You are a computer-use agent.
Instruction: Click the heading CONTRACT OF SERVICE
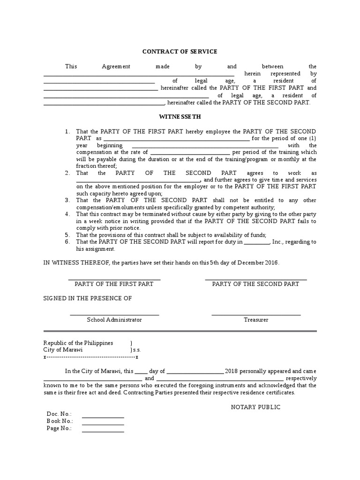(x=180, y=52)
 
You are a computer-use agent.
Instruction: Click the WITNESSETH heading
(x=180, y=117)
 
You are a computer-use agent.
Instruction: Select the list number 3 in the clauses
(x=67, y=200)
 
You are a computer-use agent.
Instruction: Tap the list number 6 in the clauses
(x=67, y=242)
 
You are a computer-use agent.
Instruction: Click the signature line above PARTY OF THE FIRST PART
(x=114, y=279)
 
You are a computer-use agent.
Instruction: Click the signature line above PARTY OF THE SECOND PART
(x=255, y=279)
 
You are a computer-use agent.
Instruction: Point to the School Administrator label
(x=114, y=320)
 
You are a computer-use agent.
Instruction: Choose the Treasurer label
(x=256, y=320)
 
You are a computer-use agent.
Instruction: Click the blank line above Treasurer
(x=256, y=315)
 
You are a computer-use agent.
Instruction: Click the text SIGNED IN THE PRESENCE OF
(x=88, y=298)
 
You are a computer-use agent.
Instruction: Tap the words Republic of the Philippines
(x=78, y=343)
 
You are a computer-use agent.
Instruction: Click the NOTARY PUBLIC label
(x=255, y=407)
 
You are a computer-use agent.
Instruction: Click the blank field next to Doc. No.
(x=103, y=417)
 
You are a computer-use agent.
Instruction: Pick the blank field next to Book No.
(x=103, y=424)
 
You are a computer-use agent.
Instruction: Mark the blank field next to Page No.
(x=103, y=431)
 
